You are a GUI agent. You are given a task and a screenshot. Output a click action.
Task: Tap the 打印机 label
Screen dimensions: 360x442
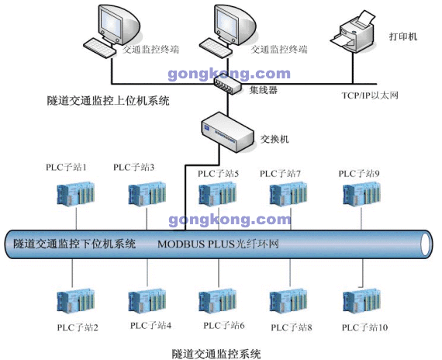pyautogui.click(x=402, y=36)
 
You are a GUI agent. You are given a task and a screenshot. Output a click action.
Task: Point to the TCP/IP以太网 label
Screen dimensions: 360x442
pyautogui.click(x=370, y=95)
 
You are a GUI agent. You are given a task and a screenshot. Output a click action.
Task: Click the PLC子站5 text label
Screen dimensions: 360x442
pyautogui.click(x=218, y=174)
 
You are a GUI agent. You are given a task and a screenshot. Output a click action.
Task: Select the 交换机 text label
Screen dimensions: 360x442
pyautogui.click(x=275, y=140)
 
